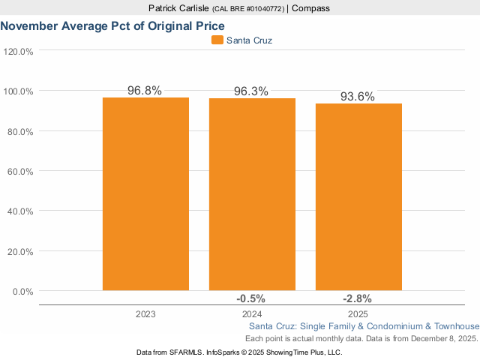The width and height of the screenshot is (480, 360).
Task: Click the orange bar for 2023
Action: (145, 193)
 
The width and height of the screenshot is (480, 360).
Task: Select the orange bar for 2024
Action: (252, 193)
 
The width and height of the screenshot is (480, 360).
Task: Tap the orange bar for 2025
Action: (358, 196)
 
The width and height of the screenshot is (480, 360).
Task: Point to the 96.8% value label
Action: (145, 90)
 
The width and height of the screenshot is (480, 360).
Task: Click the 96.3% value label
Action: (251, 91)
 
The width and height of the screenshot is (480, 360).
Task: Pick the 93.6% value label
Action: (358, 96)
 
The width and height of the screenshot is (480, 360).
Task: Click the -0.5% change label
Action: (252, 298)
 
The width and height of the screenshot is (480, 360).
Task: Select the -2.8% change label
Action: (358, 298)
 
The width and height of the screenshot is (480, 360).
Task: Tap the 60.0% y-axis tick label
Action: (19, 172)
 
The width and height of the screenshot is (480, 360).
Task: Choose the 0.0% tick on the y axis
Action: (22, 292)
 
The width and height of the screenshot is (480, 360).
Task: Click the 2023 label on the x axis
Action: (145, 314)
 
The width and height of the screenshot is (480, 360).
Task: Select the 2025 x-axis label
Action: (358, 314)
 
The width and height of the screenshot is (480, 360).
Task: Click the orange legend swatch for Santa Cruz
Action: (217, 40)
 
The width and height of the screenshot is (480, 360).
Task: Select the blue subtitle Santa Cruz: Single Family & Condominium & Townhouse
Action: (363, 326)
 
